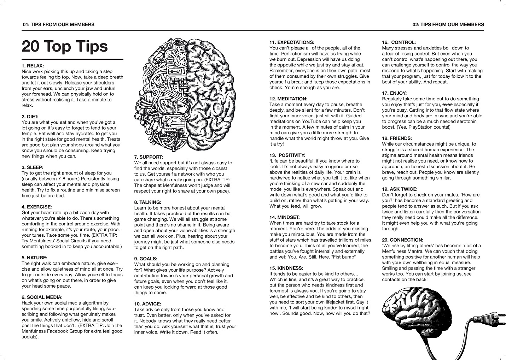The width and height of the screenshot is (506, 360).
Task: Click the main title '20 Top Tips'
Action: click(x=65, y=46)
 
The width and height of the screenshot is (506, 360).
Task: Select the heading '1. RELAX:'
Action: click(x=33, y=66)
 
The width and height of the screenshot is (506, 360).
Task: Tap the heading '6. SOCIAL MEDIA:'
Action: click(x=42, y=297)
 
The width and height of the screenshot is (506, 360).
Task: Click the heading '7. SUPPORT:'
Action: click(x=149, y=157)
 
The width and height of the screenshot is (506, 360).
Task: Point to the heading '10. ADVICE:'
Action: click(x=147, y=304)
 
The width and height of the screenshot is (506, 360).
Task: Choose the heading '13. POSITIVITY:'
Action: click(x=287, y=155)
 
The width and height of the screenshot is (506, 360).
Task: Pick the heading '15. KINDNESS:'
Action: click(x=286, y=268)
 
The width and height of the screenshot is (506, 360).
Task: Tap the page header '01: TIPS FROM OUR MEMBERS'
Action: click(x=58, y=25)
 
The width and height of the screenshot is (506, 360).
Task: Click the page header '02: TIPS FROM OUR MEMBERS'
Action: click(x=448, y=25)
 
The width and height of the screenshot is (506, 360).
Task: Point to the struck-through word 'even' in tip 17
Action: click(x=447, y=105)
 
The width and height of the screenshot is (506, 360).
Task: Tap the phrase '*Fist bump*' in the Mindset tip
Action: click(x=344, y=257)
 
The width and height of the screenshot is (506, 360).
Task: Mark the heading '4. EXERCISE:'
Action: click(x=37, y=207)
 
